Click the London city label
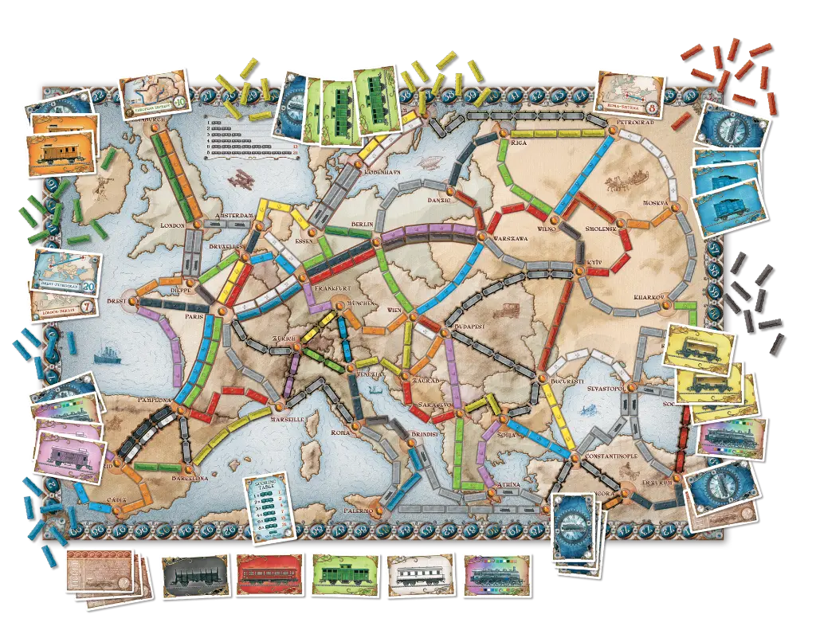pyautogui.click(x=172, y=225)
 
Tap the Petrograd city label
pyautogui.click(x=634, y=123)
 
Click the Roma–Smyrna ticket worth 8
pyautogui.click(x=630, y=92)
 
